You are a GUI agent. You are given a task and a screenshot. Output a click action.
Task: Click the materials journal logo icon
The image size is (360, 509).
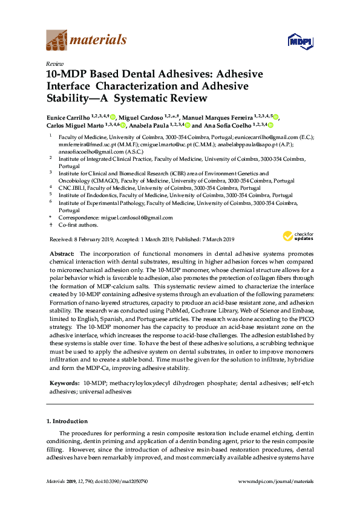click(x=57, y=39)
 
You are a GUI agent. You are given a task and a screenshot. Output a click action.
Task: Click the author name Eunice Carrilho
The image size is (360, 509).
click(x=70, y=117)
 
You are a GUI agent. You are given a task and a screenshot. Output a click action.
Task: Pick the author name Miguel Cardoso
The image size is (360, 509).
click(x=140, y=117)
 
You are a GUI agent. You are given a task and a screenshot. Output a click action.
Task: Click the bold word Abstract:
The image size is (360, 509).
click(x=60, y=254)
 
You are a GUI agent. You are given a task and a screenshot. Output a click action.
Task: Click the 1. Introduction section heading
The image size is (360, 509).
click(x=67, y=421)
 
